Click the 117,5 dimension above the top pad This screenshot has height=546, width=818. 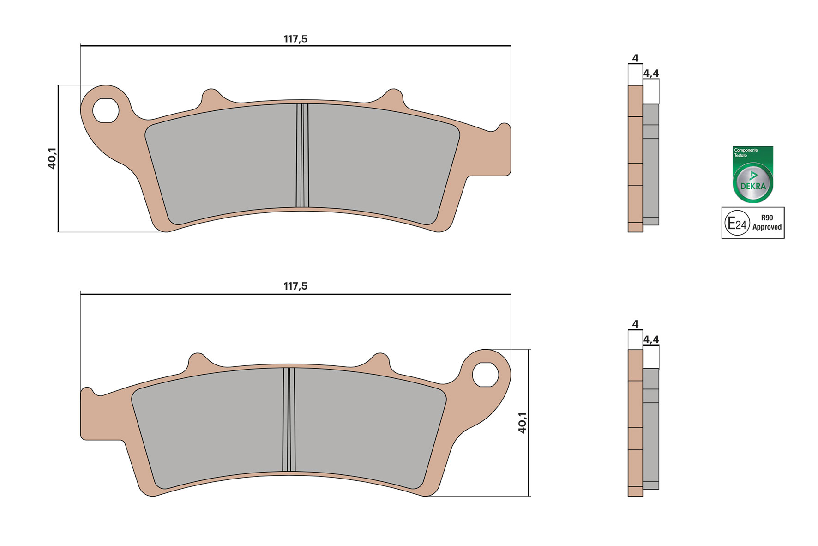295,39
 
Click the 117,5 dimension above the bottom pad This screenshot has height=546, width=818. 295,286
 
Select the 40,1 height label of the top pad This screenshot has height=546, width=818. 52,158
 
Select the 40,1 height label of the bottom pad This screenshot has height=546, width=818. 522,423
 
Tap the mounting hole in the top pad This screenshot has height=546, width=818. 106,111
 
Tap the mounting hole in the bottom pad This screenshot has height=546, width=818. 485,375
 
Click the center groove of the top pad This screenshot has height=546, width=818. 302,155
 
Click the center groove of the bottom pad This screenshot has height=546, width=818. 289,419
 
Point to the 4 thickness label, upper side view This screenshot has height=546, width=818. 635,58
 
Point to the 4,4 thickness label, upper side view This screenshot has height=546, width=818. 651,73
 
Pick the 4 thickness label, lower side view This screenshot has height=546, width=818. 635,324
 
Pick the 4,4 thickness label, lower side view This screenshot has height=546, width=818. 651,340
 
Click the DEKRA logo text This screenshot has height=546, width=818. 753,186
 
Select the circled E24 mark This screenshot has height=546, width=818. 737,224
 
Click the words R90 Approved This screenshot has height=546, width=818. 767,223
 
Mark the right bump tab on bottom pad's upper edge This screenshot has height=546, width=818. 380,360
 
